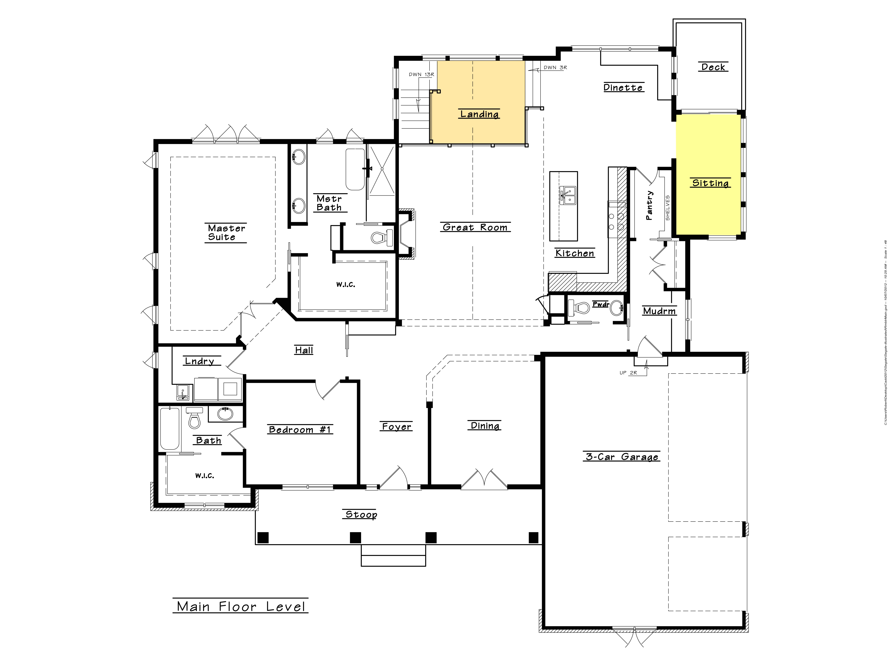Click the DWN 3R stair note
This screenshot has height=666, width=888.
click(x=555, y=67)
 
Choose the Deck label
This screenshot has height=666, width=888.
click(x=713, y=67)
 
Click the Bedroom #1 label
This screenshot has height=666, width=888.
click(x=300, y=430)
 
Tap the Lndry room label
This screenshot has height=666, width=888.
click(x=200, y=361)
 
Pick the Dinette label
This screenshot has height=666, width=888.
click(x=623, y=88)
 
